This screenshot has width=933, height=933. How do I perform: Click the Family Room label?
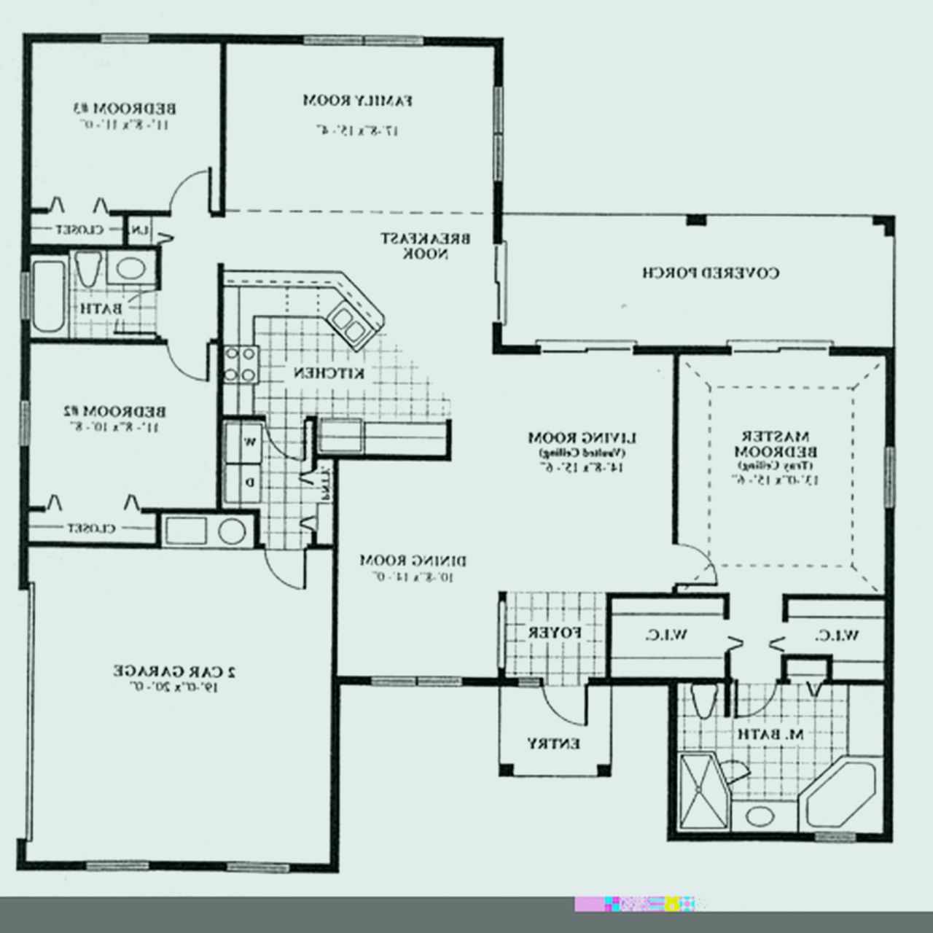tap(359, 100)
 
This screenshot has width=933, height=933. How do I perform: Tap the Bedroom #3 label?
tap(125, 109)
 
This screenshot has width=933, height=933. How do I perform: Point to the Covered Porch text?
tap(711, 273)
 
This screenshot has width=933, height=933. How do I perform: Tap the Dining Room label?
tap(413, 561)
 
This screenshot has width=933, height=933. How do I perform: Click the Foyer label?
tap(555, 632)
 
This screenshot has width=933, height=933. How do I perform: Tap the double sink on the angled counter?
tap(347, 324)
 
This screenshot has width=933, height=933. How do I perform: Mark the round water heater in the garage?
tap(232, 530)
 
